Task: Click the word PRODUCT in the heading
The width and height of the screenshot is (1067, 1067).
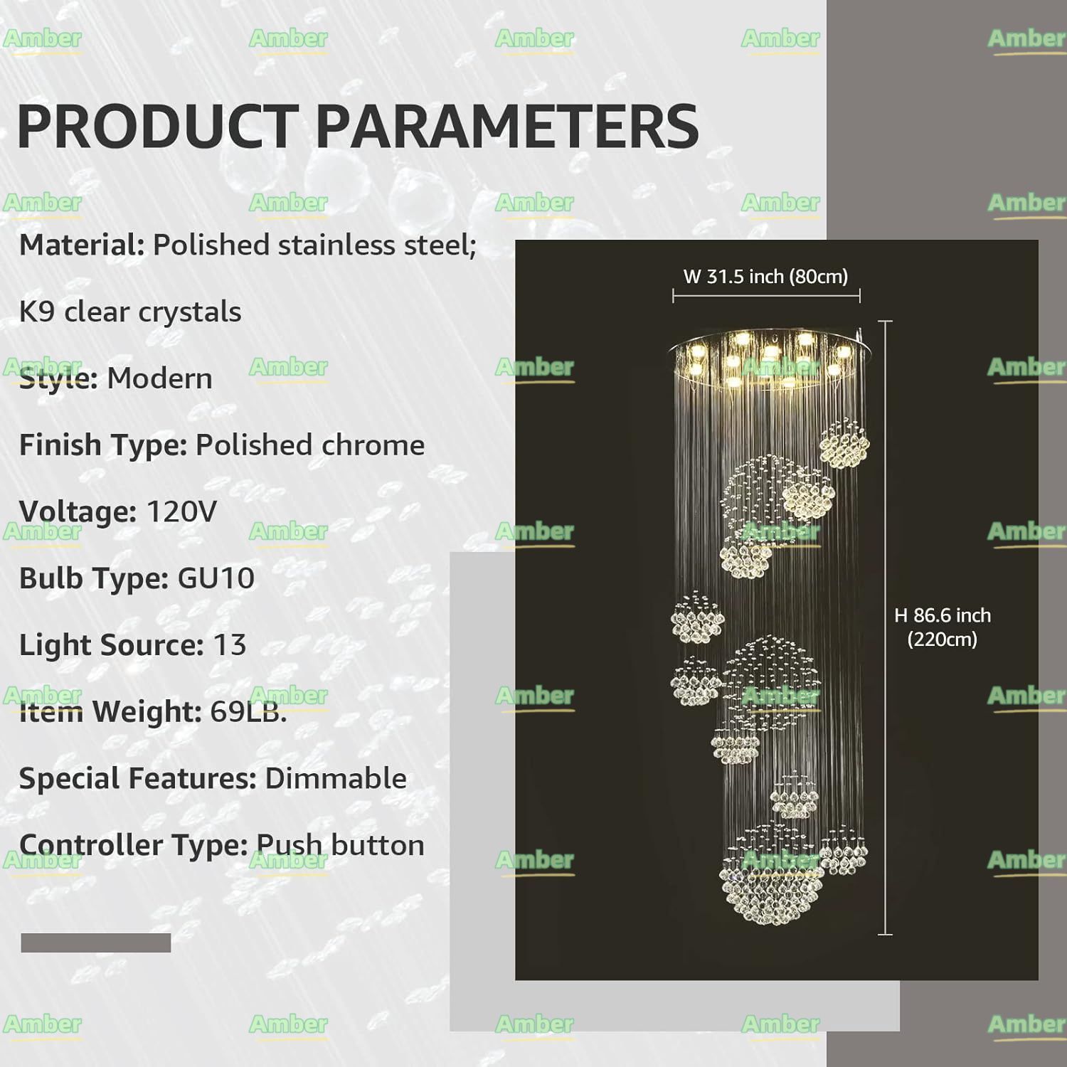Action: click(x=157, y=126)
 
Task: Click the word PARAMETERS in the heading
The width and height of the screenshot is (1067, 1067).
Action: click(x=507, y=126)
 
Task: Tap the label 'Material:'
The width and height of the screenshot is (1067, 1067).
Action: click(x=82, y=245)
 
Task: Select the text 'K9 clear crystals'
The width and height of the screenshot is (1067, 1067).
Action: click(x=130, y=312)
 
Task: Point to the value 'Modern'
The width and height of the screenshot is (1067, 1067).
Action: click(x=159, y=378)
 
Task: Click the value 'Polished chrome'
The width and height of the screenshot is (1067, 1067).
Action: click(x=310, y=445)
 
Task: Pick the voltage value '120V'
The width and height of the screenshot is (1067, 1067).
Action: click(x=181, y=512)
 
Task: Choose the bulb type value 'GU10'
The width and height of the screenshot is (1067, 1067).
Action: click(x=216, y=578)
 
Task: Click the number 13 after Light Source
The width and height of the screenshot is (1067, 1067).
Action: click(x=229, y=645)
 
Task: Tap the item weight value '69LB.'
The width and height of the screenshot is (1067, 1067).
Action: click(x=248, y=711)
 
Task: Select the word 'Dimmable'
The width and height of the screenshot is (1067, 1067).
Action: click(x=336, y=778)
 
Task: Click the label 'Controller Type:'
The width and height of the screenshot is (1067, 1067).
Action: click(x=133, y=846)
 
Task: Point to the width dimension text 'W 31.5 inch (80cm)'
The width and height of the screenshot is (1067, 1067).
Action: click(x=766, y=277)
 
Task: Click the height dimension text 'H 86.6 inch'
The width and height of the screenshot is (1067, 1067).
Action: click(x=943, y=615)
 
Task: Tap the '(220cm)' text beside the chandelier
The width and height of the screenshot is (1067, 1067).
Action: click(x=943, y=639)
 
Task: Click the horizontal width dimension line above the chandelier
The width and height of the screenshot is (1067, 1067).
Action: click(x=767, y=295)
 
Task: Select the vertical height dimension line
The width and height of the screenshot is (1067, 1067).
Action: click(x=886, y=627)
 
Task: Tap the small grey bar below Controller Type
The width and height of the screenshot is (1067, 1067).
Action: click(x=96, y=943)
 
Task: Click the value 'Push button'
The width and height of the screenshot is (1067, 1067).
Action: click(x=340, y=846)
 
